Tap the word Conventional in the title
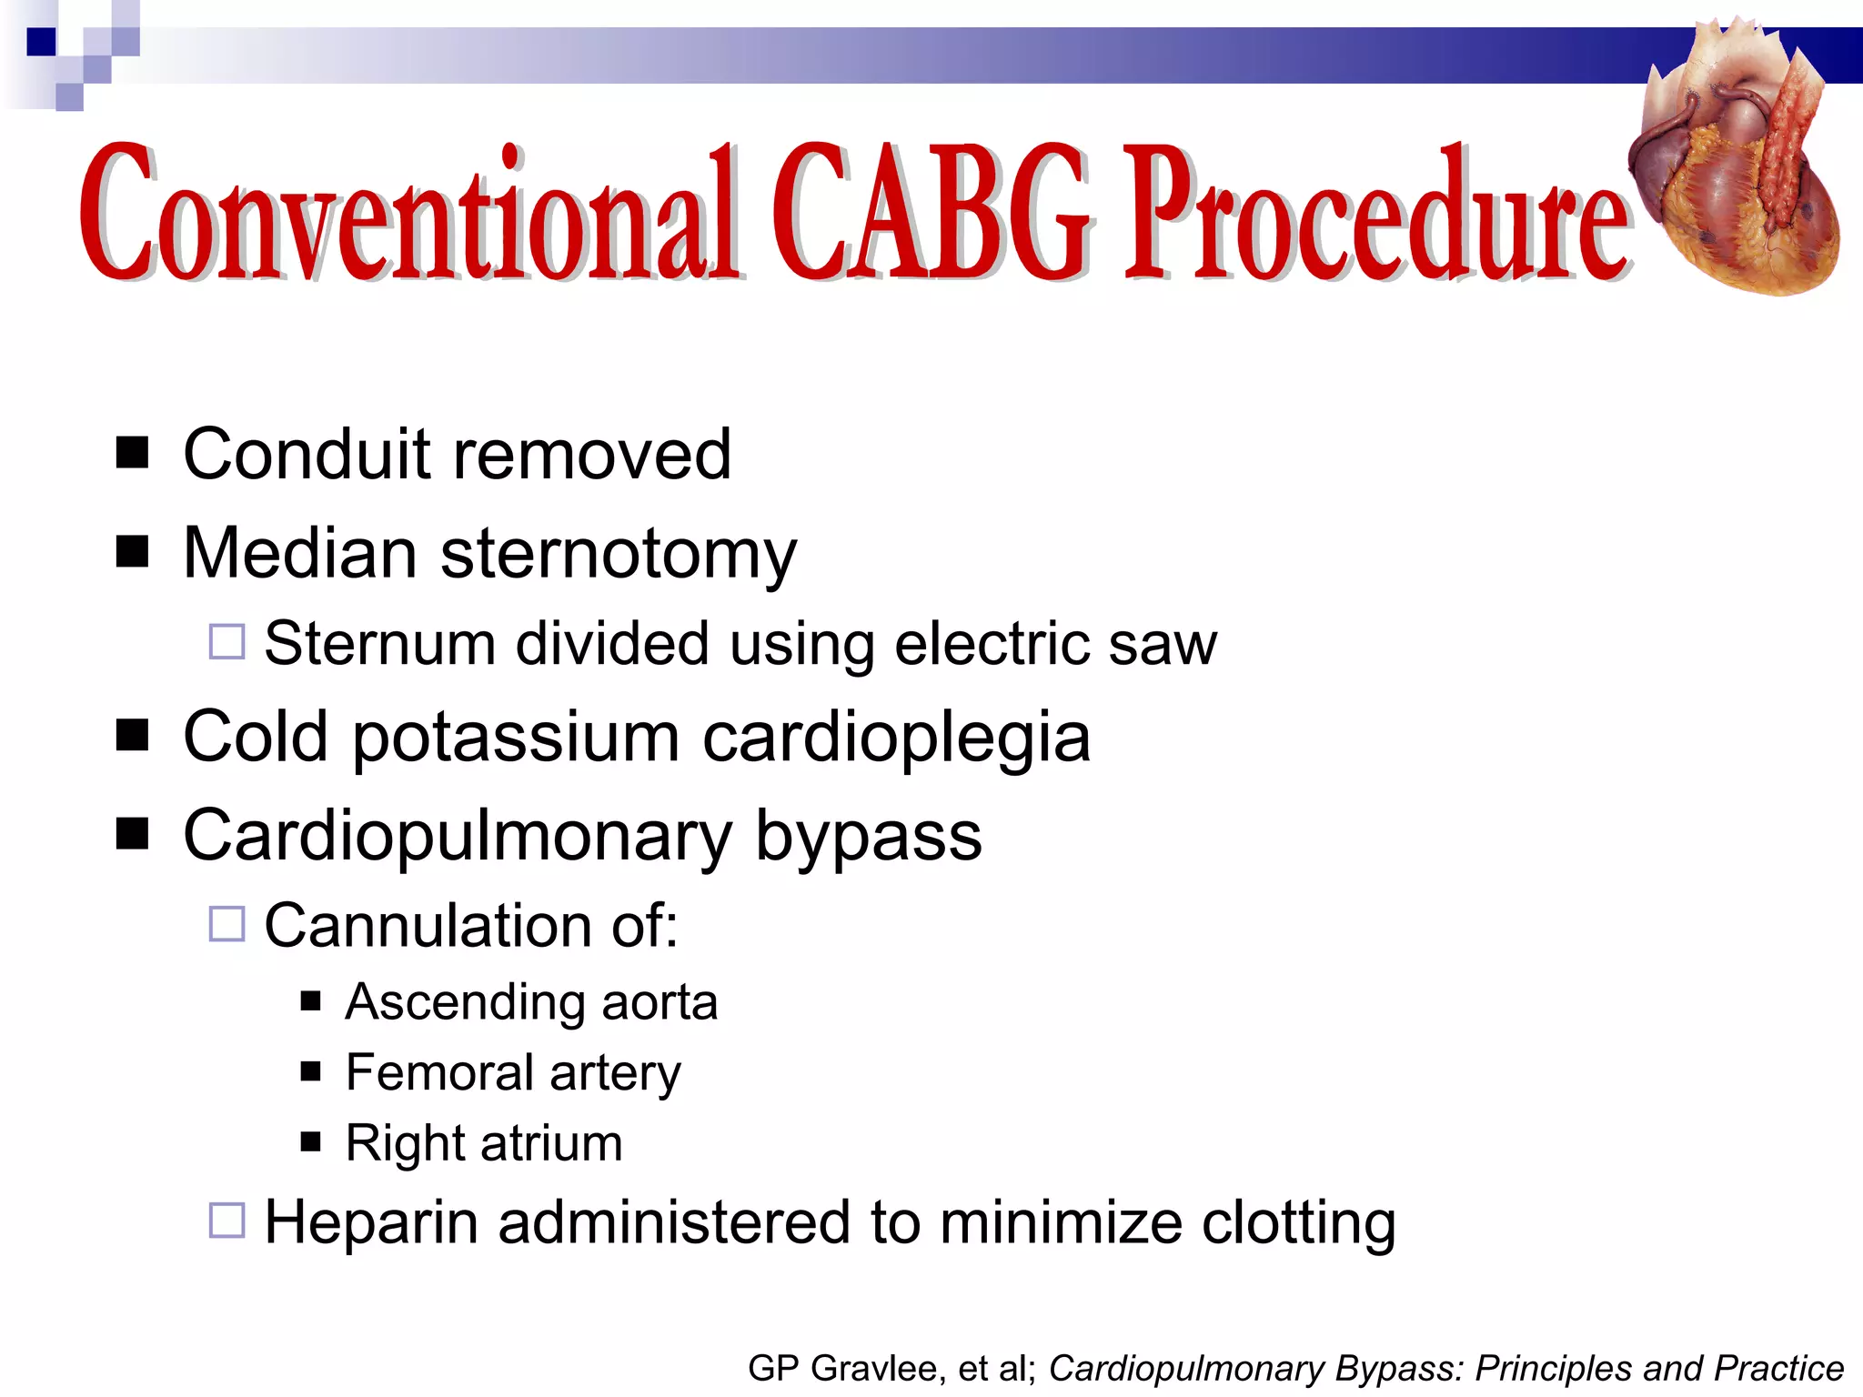pos(409,214)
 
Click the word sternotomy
pos(618,555)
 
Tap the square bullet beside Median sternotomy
pos(133,550)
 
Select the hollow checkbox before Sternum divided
pos(227,642)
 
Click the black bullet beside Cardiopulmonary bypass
pos(133,832)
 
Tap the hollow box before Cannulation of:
pos(227,924)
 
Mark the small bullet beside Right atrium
pos(311,1141)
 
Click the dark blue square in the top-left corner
pos(41,42)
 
